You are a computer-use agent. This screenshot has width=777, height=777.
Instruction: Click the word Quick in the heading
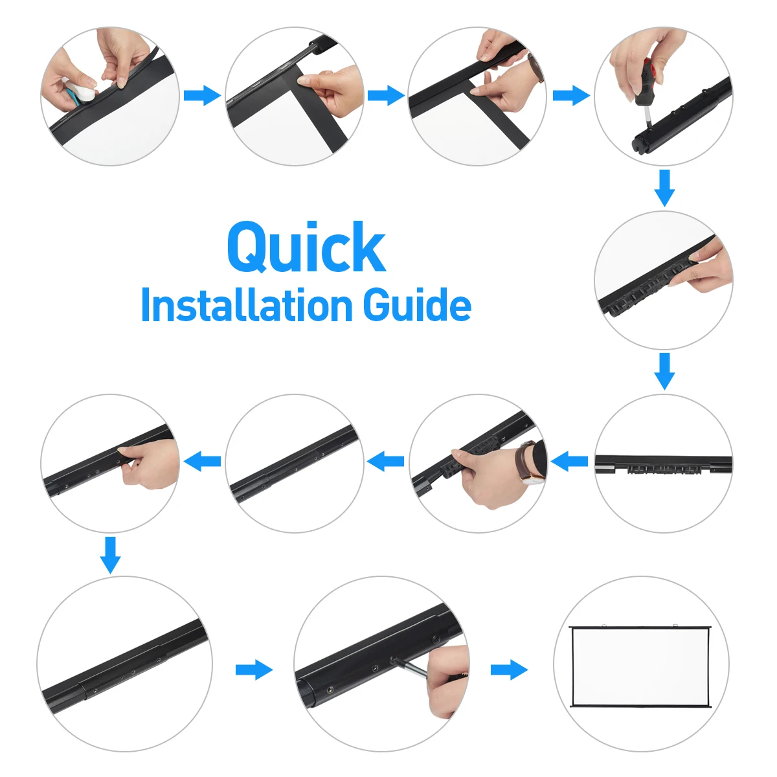[x=306, y=247]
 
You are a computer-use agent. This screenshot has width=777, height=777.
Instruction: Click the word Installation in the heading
[x=247, y=305]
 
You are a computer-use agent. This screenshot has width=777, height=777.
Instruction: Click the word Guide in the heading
[x=417, y=305]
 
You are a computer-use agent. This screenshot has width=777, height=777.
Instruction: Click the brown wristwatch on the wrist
[x=528, y=462]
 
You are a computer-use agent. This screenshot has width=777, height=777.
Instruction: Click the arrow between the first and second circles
[x=203, y=96]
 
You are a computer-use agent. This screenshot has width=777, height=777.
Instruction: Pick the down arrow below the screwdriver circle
[x=664, y=188]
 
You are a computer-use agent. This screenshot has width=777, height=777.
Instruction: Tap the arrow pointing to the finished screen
[x=510, y=670]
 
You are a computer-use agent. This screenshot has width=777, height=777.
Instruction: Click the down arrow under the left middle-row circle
[x=110, y=555]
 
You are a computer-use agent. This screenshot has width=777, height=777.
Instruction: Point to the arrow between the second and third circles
[x=387, y=96]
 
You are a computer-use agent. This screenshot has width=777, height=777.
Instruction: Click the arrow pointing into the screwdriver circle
[x=571, y=96]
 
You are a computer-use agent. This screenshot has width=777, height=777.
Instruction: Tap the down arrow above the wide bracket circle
[x=664, y=372]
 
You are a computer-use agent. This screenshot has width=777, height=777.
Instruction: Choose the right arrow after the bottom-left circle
[x=254, y=670]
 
